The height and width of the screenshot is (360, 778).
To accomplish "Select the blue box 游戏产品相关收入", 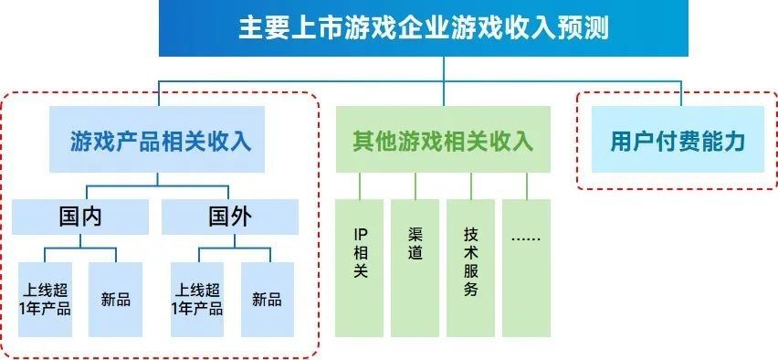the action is [161, 142].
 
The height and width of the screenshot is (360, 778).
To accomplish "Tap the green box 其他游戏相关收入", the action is [443, 142].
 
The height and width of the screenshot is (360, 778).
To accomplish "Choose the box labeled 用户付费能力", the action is [678, 142].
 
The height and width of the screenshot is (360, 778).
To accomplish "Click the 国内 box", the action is [80, 217].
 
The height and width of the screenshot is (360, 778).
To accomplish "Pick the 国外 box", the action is [230, 217].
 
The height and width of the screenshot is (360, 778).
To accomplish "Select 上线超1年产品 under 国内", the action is [46, 299].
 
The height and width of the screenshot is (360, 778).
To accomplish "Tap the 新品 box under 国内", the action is [116, 299].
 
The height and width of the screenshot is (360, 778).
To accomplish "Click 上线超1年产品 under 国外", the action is [197, 299].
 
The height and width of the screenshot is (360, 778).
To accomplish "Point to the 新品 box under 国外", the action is [267, 299].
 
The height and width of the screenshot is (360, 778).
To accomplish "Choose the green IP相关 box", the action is [360, 265].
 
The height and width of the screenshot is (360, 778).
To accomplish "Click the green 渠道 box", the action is [415, 265].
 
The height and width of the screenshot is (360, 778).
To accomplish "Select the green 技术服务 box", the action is [471, 265].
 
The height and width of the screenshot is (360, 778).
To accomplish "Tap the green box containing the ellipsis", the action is [526, 265].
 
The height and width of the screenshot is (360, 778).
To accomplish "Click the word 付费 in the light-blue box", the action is [678, 142].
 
